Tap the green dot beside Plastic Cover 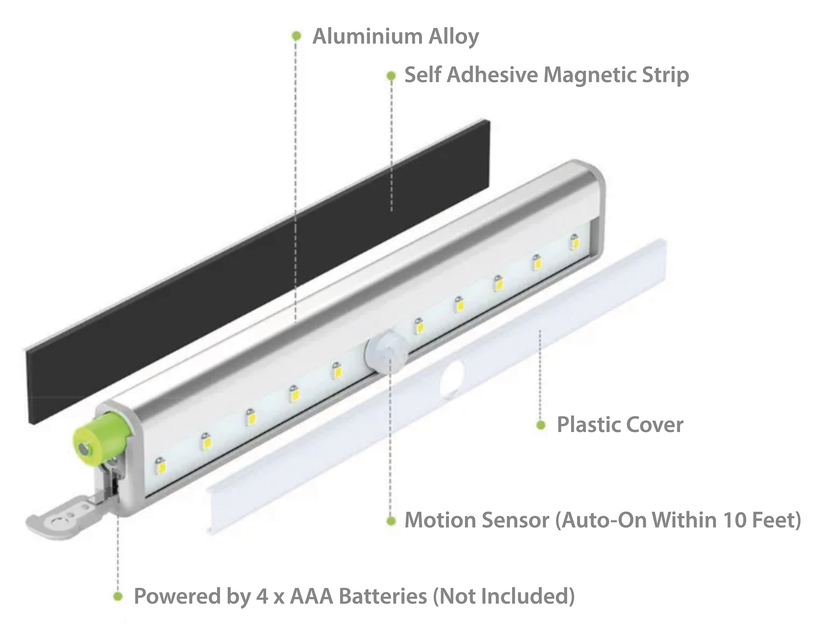click(541, 425)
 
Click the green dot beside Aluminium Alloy click(296, 36)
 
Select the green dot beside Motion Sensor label click(391, 521)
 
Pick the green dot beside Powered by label click(118, 596)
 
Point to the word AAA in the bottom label click(310, 596)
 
